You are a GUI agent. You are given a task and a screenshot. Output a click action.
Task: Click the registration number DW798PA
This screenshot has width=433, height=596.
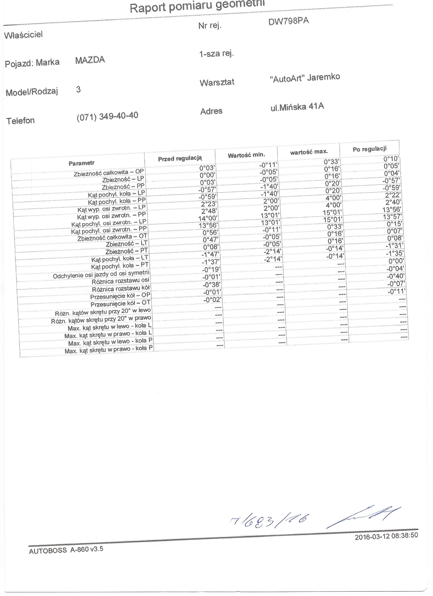[288, 21]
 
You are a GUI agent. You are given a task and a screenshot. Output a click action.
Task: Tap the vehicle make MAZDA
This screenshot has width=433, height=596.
[90, 60]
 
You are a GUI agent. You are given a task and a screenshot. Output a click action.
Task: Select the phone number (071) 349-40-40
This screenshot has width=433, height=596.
[107, 116]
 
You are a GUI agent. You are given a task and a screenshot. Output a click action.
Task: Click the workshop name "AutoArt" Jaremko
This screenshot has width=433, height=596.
[305, 78]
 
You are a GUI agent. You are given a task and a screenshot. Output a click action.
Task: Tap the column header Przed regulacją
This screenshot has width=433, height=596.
[180, 158]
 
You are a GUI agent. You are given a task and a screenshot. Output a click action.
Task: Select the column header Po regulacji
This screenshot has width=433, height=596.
[369, 149]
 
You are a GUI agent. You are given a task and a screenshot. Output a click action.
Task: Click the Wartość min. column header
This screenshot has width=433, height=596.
[246, 155]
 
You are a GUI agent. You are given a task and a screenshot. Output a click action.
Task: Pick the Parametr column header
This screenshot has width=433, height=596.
[81, 163]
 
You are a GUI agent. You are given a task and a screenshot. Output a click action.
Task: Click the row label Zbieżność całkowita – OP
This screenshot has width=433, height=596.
[109, 173]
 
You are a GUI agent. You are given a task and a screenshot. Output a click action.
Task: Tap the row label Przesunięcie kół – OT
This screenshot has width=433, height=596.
[120, 304]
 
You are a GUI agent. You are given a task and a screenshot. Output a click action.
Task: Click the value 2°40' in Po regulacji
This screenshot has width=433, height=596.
[393, 202]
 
